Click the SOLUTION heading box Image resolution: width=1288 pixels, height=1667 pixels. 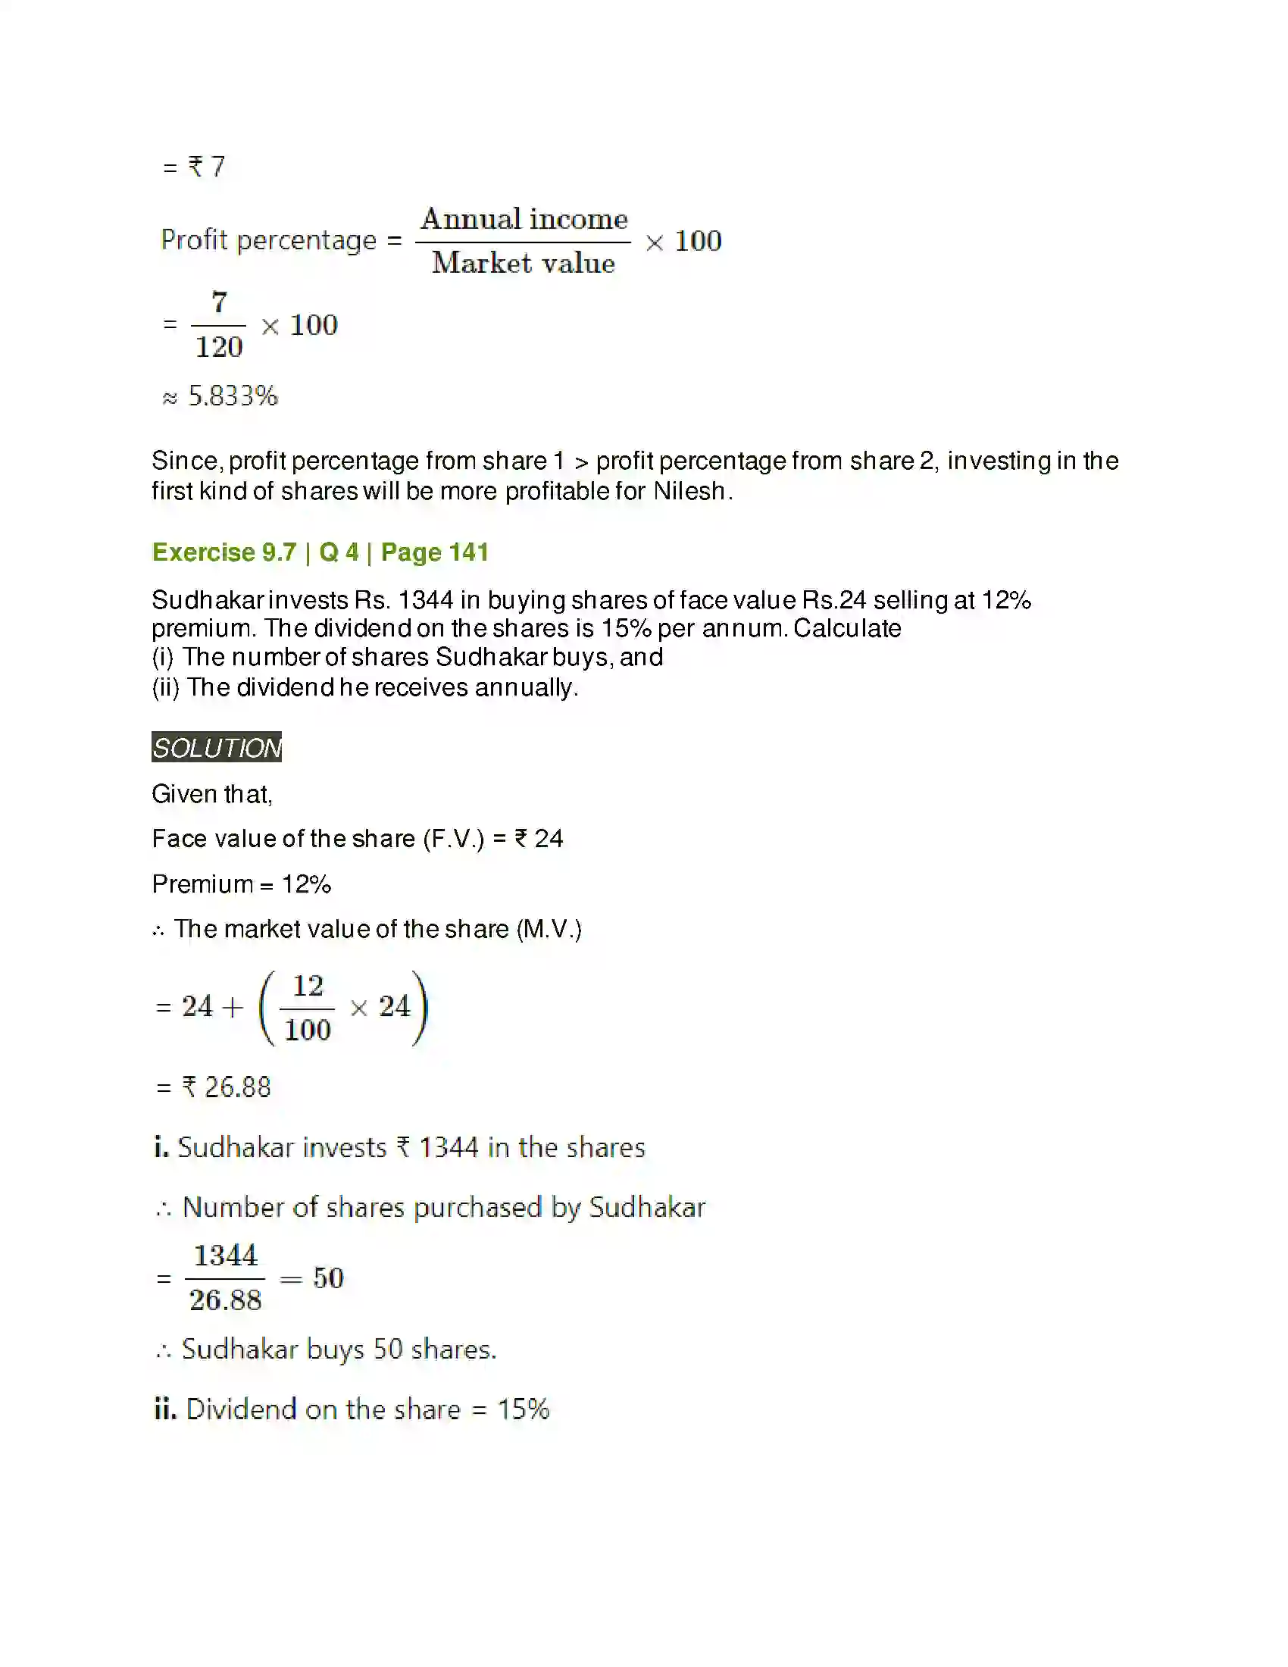point(217,747)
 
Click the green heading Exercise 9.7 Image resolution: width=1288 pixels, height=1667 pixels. point(224,552)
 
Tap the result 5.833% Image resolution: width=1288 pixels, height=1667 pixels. point(233,396)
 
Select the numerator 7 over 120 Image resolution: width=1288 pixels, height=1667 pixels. point(220,302)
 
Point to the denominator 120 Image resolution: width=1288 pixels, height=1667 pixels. point(219,347)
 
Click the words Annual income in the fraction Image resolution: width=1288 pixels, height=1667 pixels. point(524,219)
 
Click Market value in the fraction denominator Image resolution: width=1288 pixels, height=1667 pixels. point(524,264)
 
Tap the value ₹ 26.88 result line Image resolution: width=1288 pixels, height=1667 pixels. point(226,1087)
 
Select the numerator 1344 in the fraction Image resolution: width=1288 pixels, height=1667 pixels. point(226,1256)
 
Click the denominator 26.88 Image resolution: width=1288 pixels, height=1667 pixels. point(226,1300)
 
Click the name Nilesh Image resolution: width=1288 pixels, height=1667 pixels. point(689,491)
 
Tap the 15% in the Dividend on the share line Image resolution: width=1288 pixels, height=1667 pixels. point(524,1409)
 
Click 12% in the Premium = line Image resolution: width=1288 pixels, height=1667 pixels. point(307,884)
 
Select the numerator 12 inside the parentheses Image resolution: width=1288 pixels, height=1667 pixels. point(308,986)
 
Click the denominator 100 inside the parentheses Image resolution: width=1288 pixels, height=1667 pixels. point(308,1031)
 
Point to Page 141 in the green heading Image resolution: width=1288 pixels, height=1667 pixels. point(435,552)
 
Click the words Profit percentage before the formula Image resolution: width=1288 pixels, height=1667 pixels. point(269,239)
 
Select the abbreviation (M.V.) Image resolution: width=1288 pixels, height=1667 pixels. point(549,929)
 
